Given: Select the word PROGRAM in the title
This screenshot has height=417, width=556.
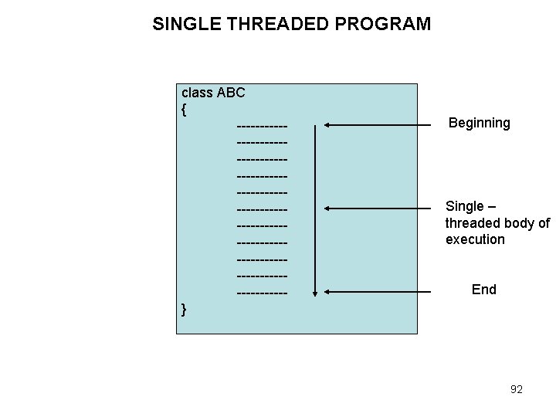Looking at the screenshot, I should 384,24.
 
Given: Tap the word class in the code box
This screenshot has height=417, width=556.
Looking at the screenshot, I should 197,93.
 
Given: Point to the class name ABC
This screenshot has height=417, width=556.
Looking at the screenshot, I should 231,93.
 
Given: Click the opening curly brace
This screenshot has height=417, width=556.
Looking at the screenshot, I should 184,109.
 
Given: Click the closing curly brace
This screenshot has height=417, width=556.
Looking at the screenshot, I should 184,310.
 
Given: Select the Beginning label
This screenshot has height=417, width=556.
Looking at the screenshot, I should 479,123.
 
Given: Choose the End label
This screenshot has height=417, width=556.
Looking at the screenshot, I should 483,290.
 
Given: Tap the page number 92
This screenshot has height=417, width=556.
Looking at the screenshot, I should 517,389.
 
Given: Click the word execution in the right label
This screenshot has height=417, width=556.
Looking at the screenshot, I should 475,239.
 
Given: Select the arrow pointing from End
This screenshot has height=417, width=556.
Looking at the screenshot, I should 378,292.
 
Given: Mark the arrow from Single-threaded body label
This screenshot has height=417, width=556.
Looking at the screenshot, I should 378,208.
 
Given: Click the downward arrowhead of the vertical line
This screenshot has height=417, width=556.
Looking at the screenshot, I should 314,293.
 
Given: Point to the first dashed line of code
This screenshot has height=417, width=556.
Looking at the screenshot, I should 263,126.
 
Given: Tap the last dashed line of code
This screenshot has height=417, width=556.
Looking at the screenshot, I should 263,293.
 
